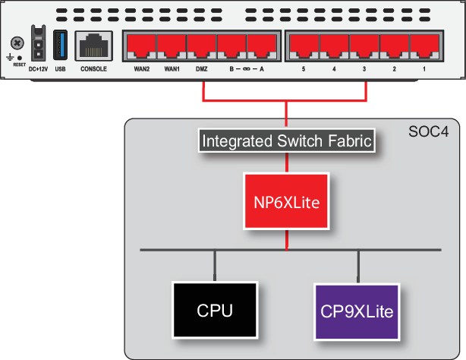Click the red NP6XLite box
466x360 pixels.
point(286,201)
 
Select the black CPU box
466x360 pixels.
point(215,311)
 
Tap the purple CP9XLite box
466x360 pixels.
point(356,311)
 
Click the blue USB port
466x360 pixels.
point(60,45)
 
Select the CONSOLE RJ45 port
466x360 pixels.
point(93,46)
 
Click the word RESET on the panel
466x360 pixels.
point(18,65)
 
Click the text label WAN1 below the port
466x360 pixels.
point(171,69)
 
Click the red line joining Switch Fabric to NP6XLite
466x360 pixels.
point(286,162)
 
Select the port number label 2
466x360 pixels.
point(394,69)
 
